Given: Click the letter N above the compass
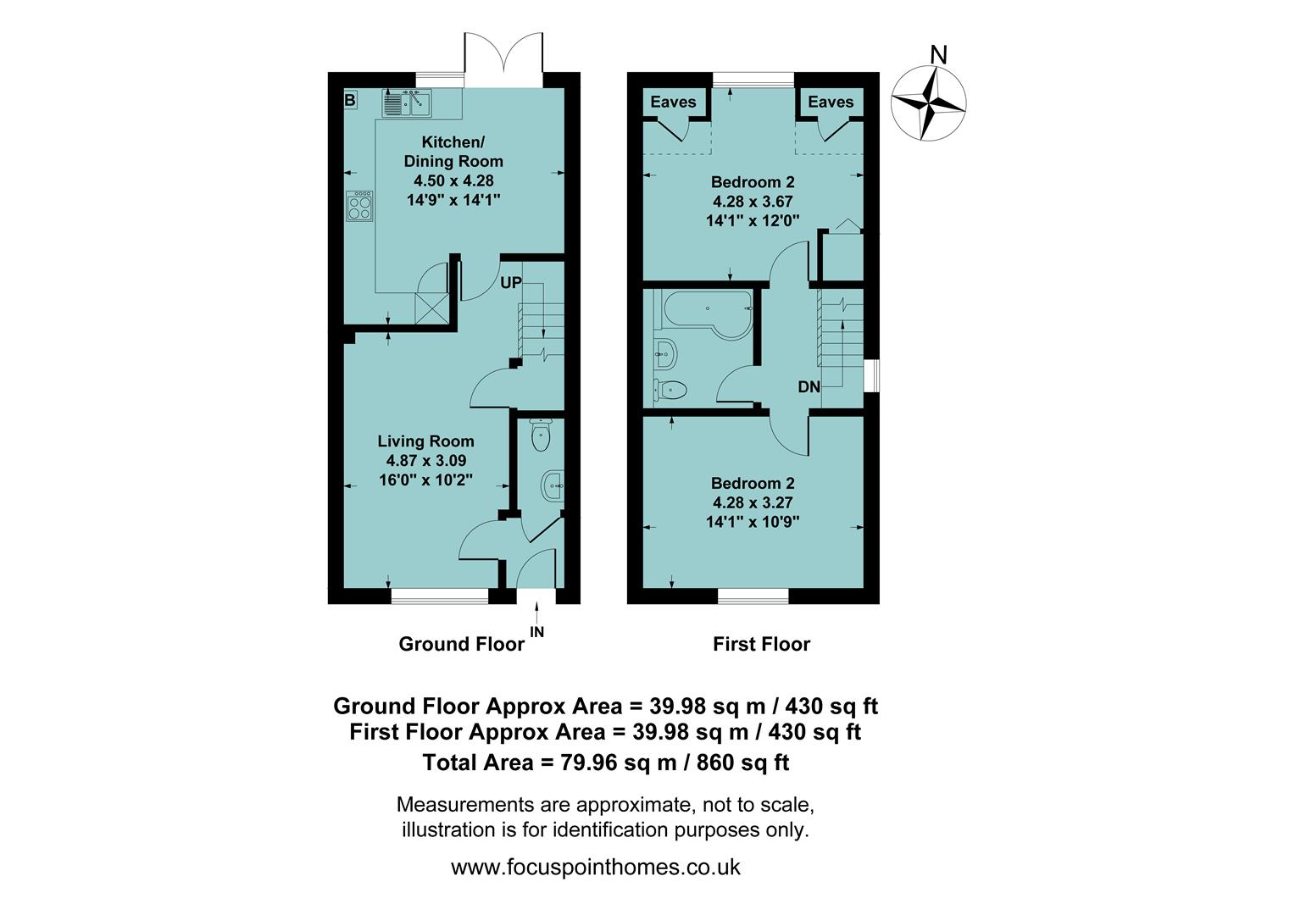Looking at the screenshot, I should (938, 54).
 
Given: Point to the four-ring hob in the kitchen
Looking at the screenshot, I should (359, 206).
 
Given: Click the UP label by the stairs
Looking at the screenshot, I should (510, 283).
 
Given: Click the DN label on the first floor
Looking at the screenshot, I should (809, 387).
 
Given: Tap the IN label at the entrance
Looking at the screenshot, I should (537, 632).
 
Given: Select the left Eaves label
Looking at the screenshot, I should (673, 102).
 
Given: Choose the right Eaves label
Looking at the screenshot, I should (831, 102).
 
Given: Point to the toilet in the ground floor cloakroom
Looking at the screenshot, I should (540, 436).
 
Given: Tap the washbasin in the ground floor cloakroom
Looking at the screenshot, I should (552, 486).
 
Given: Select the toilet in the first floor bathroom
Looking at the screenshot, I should (670, 391).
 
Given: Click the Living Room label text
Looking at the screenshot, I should (425, 441).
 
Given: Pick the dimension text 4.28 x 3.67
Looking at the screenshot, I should (753, 202).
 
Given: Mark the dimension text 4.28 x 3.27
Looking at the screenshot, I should (753, 502).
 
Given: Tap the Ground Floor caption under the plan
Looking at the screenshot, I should (461, 644).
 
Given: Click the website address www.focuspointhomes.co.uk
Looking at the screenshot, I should (596, 868).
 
